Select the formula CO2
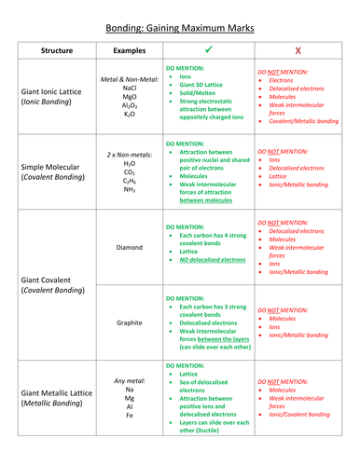point(130,171)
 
